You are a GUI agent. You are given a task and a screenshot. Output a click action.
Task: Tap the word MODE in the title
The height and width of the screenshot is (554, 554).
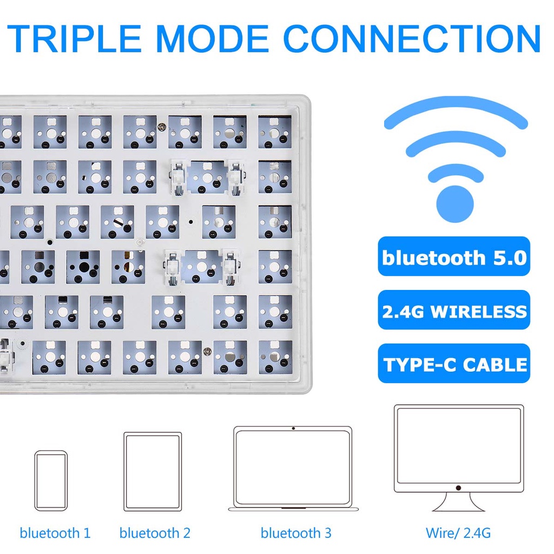click(x=214, y=38)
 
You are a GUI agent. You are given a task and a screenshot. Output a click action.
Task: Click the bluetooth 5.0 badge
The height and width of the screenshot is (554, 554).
click(x=454, y=257)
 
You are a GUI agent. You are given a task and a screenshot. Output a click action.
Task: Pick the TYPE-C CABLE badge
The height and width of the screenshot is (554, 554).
click(x=454, y=364)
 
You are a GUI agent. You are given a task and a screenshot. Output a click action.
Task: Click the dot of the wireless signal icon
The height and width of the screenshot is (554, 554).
click(x=455, y=203)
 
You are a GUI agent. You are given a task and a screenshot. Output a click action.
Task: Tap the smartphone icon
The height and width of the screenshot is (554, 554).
click(x=51, y=480)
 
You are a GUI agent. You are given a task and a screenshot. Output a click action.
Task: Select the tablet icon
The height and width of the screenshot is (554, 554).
click(x=153, y=471)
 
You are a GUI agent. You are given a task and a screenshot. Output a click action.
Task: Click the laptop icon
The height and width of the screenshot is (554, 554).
click(x=293, y=469)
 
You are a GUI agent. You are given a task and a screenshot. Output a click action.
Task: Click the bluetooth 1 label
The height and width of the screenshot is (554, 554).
click(x=55, y=533)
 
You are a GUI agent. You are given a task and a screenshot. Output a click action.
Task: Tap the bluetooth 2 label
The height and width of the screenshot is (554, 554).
click(x=155, y=533)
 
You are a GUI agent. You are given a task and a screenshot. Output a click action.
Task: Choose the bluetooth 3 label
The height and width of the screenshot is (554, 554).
click(x=296, y=533)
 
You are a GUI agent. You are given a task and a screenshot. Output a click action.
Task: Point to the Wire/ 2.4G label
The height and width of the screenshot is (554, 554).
click(x=458, y=533)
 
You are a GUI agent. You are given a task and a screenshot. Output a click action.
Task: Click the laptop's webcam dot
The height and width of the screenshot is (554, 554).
click(x=293, y=428)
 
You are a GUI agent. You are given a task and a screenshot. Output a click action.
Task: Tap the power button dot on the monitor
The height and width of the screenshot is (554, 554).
click(x=458, y=487)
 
